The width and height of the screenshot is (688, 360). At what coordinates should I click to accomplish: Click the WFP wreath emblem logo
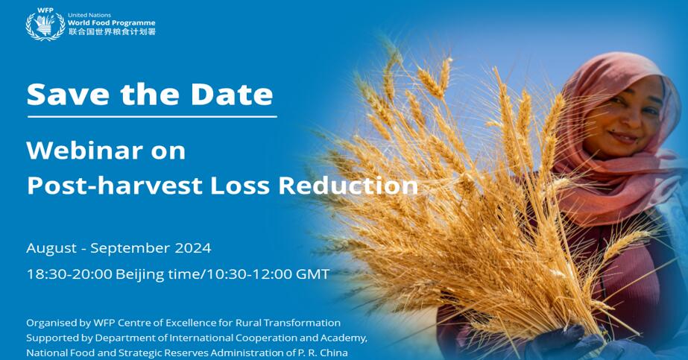(45, 25)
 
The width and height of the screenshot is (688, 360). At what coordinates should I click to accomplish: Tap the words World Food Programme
(112, 23)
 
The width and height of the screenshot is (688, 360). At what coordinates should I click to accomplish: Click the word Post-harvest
(115, 186)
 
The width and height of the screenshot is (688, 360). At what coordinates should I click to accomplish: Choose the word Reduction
(348, 186)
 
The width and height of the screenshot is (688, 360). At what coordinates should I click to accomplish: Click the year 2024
(193, 248)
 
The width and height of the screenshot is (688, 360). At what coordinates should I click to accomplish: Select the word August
(51, 249)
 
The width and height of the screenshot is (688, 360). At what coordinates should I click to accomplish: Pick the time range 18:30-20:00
(69, 274)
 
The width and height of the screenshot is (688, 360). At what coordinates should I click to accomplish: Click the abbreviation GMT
(312, 274)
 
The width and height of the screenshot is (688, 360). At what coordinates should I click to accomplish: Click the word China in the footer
(335, 353)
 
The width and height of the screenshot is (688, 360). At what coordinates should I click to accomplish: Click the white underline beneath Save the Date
(152, 116)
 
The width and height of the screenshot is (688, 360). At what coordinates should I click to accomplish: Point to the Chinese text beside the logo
(112, 31)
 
